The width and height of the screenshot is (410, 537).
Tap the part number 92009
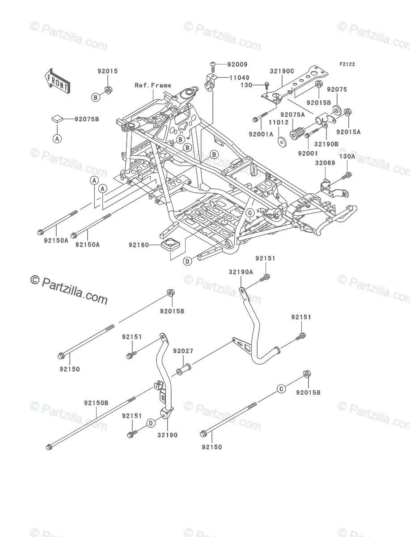point(237,64)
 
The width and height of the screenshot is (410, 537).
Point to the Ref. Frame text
point(153,85)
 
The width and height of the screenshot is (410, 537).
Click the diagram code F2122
point(347,64)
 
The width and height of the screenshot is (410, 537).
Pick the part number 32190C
point(282,71)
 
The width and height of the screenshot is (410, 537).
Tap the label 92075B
point(87,119)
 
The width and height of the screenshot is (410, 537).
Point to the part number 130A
point(347,156)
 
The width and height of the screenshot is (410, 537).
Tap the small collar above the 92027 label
point(184,372)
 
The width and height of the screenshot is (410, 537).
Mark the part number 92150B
point(96,402)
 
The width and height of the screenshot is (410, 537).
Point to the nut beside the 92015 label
point(109,91)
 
